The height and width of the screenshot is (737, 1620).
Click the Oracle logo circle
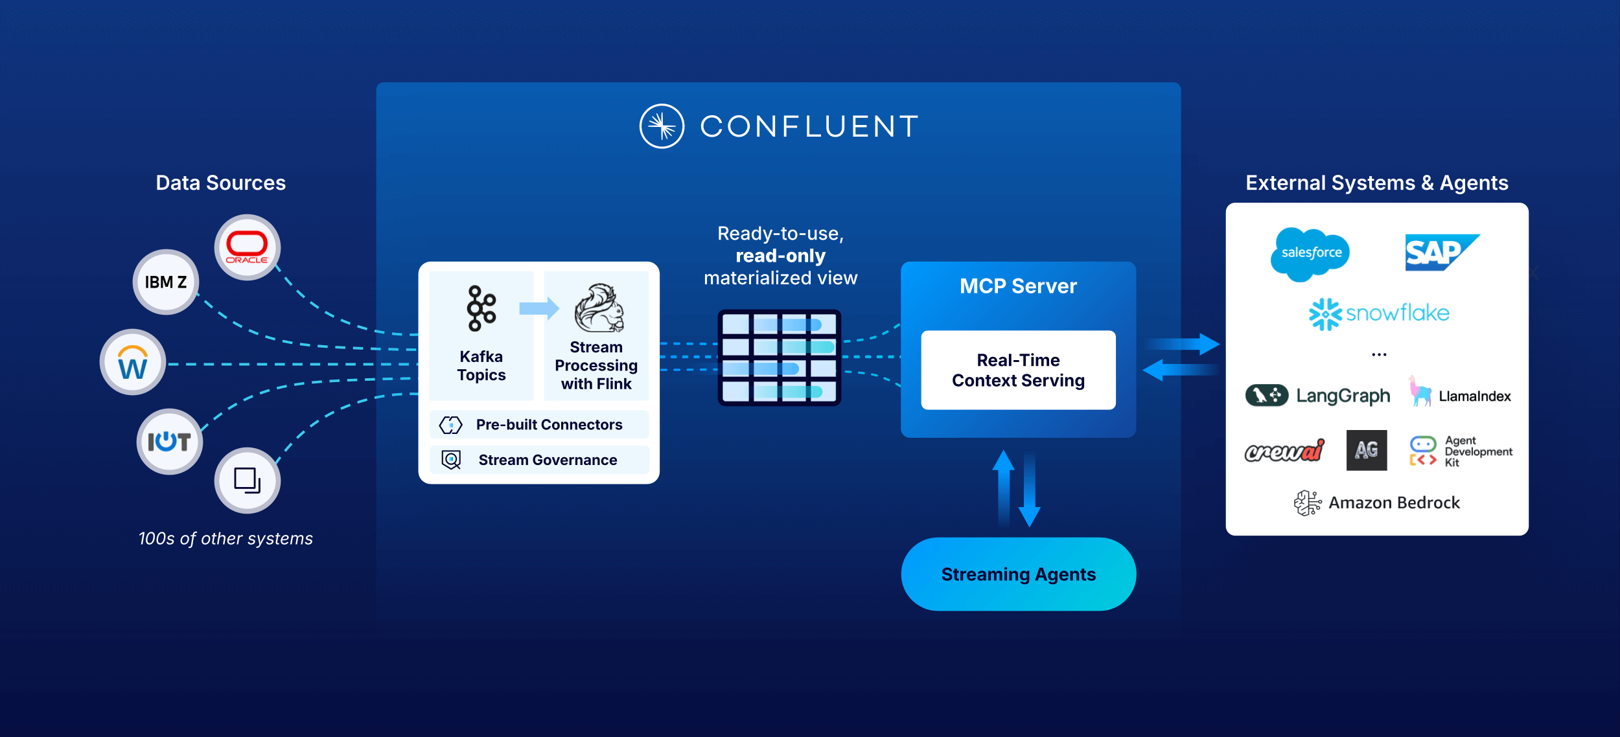pos(247,247)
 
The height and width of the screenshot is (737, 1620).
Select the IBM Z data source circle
pos(166,282)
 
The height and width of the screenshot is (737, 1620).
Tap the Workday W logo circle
pos(133,362)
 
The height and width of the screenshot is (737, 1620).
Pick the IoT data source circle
pos(169,442)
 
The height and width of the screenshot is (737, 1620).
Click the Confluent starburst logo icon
pos(662,126)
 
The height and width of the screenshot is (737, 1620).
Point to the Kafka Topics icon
pos(481,308)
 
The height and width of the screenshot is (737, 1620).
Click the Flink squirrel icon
pos(599,308)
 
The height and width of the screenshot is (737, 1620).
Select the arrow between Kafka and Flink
pos(538,308)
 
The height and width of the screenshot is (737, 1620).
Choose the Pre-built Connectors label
pos(549,425)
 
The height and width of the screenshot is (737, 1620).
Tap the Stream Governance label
pos(548,460)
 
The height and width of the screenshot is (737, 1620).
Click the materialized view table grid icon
pos(779,357)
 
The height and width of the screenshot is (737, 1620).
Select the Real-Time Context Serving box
pos(1018,370)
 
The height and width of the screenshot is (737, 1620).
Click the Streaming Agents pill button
pos(1018,574)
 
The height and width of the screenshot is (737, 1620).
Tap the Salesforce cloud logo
pos(1310,253)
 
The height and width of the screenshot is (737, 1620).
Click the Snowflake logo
pos(1378,314)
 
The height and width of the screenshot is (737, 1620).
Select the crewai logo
pos(1284,451)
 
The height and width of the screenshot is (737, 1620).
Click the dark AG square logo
pos(1366,450)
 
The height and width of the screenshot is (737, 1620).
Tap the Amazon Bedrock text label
pos(1394,503)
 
